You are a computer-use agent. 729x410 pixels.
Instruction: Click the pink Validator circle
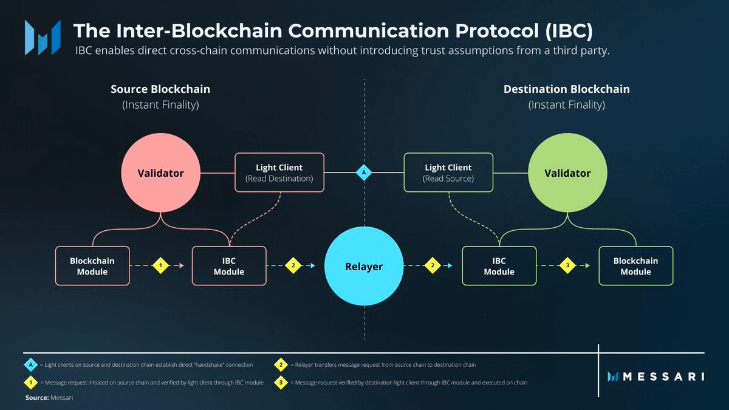coord(160,173)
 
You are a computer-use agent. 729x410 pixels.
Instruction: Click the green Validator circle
coord(567,173)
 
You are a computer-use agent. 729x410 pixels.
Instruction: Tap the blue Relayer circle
coord(364,266)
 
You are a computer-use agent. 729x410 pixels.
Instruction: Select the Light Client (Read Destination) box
coord(279,173)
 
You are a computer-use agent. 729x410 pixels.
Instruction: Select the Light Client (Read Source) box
coord(448,173)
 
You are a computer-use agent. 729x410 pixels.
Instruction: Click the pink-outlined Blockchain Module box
coord(92,266)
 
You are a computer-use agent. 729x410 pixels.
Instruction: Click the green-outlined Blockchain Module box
coord(635,266)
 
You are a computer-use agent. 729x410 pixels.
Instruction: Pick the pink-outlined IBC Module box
coord(229,266)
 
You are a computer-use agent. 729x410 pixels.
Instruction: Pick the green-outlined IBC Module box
coord(499,266)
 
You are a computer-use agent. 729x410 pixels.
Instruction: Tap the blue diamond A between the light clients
coord(364,173)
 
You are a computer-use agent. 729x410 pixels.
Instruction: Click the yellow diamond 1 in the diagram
coord(160,266)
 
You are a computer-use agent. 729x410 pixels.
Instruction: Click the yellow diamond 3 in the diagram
coord(567,266)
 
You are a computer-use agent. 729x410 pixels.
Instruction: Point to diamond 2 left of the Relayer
coord(293,266)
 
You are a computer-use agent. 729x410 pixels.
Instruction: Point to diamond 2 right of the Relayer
coord(433,266)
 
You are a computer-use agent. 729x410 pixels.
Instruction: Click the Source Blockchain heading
coord(160,89)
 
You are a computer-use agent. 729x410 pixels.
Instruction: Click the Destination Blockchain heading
coord(566,89)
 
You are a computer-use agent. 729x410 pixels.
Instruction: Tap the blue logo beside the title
coord(43,37)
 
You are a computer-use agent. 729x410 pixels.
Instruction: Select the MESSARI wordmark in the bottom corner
coord(656,377)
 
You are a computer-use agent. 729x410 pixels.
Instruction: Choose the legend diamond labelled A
coord(30,365)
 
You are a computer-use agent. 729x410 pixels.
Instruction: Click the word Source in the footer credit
coord(36,398)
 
